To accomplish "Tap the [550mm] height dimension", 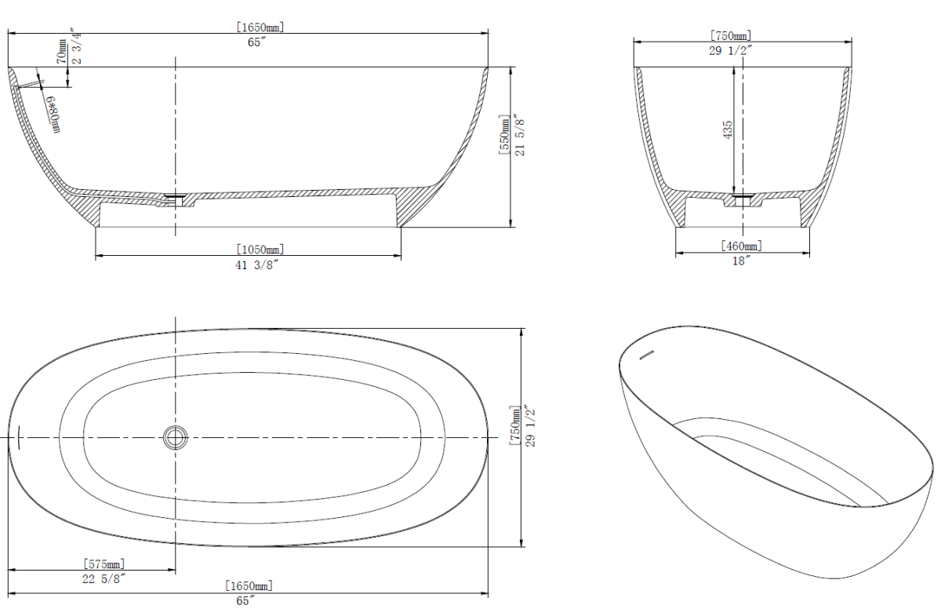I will (504, 133).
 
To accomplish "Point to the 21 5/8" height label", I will (519, 133).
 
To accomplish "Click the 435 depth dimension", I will (728, 130).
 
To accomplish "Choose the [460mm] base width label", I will (741, 246).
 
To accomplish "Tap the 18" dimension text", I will (741, 260).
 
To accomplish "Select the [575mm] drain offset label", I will (104, 563).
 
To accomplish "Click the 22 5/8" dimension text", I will (104, 578).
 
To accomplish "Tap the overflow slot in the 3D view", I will (647, 356).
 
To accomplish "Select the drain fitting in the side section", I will (176, 197).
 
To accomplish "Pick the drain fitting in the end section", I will (742, 199).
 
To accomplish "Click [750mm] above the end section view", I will (730, 36).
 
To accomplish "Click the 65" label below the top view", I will (247, 600).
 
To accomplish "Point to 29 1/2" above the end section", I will (730, 50).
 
